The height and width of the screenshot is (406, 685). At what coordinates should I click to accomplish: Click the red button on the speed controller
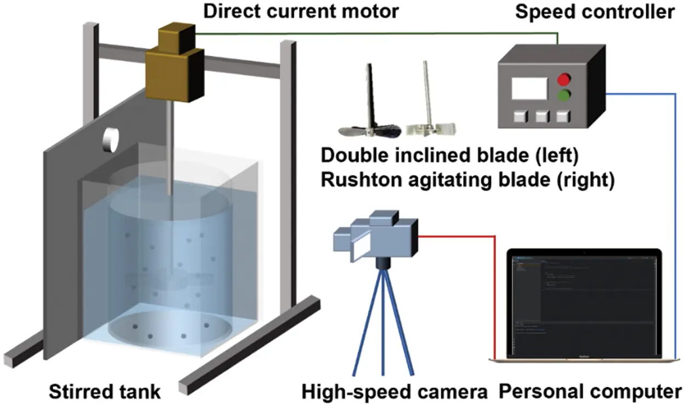(563, 80)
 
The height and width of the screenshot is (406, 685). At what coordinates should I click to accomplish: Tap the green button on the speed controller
(563, 98)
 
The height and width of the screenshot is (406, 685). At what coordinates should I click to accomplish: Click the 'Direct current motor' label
(301, 11)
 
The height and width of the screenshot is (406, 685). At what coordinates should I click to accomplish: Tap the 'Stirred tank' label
(105, 392)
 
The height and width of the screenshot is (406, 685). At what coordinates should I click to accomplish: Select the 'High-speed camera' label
(395, 392)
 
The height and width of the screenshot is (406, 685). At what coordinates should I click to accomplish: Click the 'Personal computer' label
(590, 392)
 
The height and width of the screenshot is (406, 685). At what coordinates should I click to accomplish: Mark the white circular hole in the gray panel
(111, 140)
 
